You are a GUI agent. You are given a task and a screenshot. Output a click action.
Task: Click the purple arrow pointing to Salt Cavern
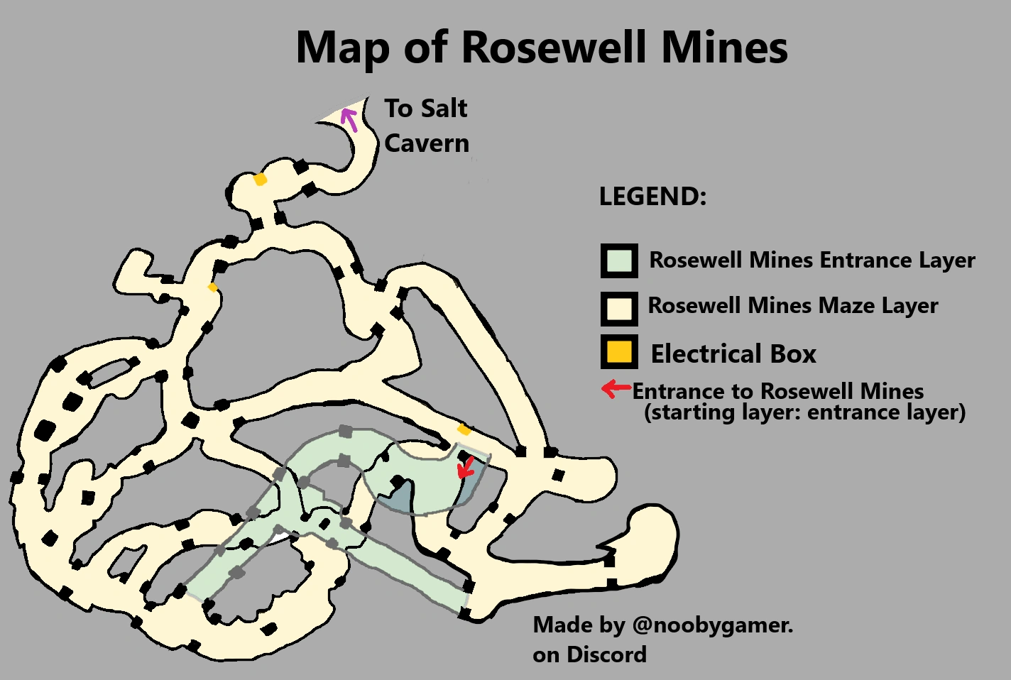click(x=349, y=119)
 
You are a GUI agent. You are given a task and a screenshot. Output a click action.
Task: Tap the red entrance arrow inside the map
click(x=466, y=467)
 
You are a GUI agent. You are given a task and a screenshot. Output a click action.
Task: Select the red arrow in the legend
click(x=616, y=388)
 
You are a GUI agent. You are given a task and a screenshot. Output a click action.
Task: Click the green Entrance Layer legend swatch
click(x=619, y=261)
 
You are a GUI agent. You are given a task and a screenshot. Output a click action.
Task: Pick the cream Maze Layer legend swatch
click(x=619, y=308)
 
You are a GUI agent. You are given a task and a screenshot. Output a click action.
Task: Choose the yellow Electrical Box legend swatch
click(x=619, y=352)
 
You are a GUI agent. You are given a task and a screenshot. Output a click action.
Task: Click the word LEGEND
click(x=652, y=197)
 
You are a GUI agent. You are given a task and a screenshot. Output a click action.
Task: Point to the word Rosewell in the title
click(x=554, y=48)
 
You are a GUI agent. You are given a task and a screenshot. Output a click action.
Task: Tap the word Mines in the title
click(x=724, y=48)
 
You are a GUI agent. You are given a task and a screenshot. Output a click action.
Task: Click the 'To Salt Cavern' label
click(x=426, y=126)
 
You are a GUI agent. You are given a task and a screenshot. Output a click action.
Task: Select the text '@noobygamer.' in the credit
click(x=712, y=625)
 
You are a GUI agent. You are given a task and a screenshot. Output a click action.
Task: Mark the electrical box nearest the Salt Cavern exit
click(x=261, y=180)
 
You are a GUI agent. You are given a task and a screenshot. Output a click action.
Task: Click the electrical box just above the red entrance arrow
click(x=464, y=429)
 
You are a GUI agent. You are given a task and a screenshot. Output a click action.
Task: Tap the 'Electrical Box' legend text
click(x=733, y=353)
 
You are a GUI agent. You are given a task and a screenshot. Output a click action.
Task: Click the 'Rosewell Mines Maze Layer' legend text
click(x=793, y=306)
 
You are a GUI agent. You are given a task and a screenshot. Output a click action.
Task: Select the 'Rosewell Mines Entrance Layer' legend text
click(x=812, y=261)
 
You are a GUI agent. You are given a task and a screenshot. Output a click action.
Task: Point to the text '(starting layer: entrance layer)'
click(x=804, y=412)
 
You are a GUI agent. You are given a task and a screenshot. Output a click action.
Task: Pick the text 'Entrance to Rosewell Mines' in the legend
click(x=778, y=391)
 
